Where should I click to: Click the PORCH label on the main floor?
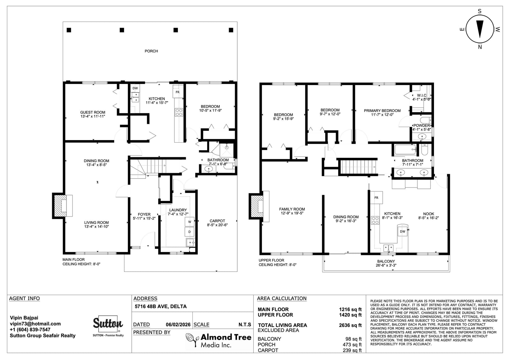pyautogui.click(x=151, y=51)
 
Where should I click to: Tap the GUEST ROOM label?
pyautogui.click(x=93, y=112)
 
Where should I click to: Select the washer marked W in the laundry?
pyautogui.click(x=190, y=222)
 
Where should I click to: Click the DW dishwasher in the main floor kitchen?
pyautogui.click(x=135, y=88)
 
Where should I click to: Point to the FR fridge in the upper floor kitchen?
pyautogui.click(x=376, y=197)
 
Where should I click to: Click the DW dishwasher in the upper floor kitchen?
pyautogui.click(x=403, y=231)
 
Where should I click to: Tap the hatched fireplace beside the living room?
pyautogui.click(x=60, y=206)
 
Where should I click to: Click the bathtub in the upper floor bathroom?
pyautogui.click(x=405, y=150)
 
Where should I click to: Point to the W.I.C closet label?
pyautogui.click(x=422, y=95)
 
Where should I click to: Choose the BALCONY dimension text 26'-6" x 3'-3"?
pyautogui.click(x=386, y=265)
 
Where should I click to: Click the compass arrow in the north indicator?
pyautogui.click(x=480, y=29)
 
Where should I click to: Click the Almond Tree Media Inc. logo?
pyautogui.click(x=219, y=340)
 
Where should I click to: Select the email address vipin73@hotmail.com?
pyautogui.click(x=35, y=324)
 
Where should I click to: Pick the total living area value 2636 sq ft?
pyautogui.click(x=350, y=325)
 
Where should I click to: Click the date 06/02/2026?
pyautogui.click(x=178, y=325)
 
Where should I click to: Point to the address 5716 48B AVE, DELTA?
pyautogui.click(x=161, y=306)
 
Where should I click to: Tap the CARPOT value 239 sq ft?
pyautogui.click(x=352, y=350)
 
